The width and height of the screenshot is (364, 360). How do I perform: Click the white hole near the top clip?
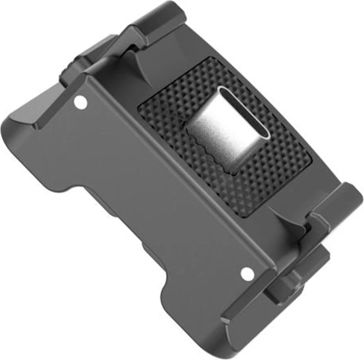point(80,103)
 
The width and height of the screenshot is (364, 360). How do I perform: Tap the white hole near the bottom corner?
point(247,274)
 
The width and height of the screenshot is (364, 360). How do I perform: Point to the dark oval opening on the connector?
point(244,112)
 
